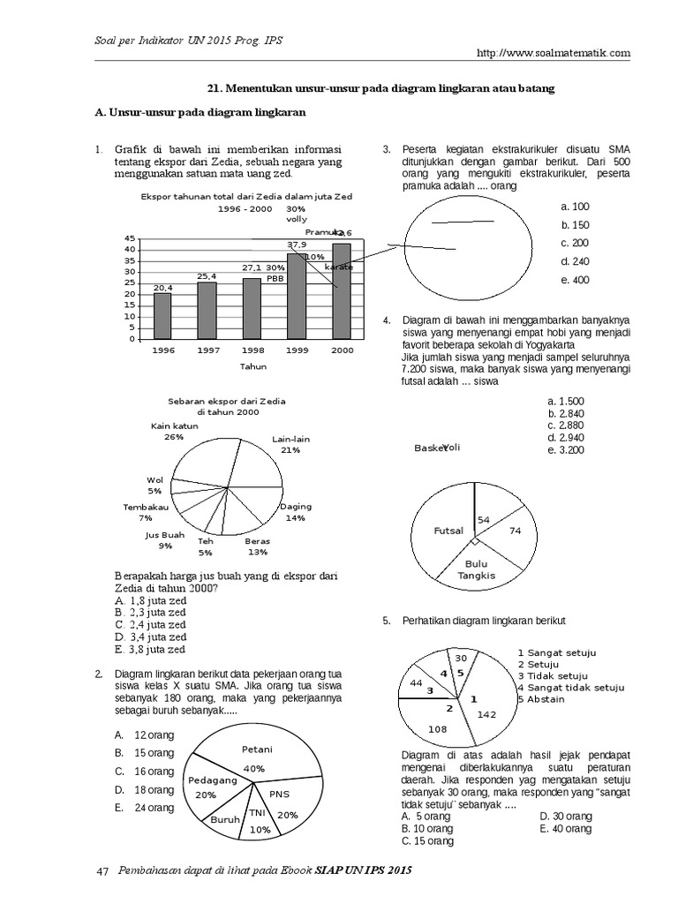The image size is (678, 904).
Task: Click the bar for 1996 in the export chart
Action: point(162,315)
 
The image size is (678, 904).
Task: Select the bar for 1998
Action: point(252,308)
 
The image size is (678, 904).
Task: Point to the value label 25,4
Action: point(207,276)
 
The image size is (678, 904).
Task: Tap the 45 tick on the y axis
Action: point(131,238)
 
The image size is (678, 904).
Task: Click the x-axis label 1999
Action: point(296,350)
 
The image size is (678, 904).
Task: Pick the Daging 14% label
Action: point(295,512)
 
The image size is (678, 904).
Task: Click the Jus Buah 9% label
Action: point(165,540)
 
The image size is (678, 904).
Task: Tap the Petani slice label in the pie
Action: point(256,750)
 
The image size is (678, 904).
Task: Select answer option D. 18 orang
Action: point(146,790)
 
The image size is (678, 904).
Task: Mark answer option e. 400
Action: point(574,281)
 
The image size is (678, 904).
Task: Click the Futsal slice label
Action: point(449,531)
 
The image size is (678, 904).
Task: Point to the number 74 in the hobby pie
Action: point(516,531)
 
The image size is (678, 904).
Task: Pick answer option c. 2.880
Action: point(566,425)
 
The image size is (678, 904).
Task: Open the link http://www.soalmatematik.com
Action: point(553,52)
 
